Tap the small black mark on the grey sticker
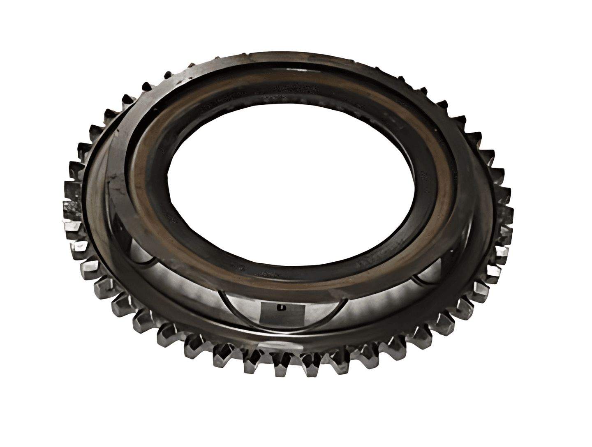pos(281,307)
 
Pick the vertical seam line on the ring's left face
pos(107,193)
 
